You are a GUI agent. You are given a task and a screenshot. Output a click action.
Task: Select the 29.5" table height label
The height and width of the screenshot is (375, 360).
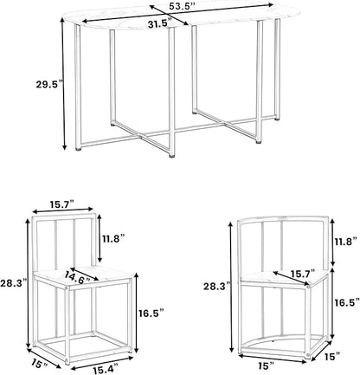pos(49,85)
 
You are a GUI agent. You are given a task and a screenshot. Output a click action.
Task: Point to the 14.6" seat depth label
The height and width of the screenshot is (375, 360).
pos(77,276)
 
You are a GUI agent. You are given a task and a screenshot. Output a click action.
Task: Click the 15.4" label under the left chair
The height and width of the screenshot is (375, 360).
pos(106,369)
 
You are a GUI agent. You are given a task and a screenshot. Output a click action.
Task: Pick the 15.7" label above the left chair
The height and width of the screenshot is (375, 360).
pos(62,204)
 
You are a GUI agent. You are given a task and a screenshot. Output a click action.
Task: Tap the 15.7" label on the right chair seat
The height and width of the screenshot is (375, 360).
pos(303,273)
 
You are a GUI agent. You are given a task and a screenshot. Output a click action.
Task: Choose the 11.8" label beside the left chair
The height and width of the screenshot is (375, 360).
pos(113,239)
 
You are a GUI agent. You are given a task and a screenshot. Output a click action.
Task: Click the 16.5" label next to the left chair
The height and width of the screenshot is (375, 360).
pos(150,313)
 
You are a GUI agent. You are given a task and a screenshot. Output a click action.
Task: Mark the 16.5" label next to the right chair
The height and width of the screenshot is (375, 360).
pos(347,302)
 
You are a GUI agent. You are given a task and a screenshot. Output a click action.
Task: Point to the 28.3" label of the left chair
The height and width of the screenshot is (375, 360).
pos(13,283)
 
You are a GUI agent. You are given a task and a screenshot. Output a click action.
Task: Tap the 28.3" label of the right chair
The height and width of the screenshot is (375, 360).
pos(217,287)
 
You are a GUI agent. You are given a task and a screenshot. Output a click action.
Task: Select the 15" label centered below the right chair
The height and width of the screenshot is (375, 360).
pos(266,366)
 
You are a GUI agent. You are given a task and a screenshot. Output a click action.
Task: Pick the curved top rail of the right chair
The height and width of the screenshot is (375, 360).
pos(283,218)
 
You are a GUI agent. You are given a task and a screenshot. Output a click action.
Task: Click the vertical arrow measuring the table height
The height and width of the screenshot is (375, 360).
pos(64,83)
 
